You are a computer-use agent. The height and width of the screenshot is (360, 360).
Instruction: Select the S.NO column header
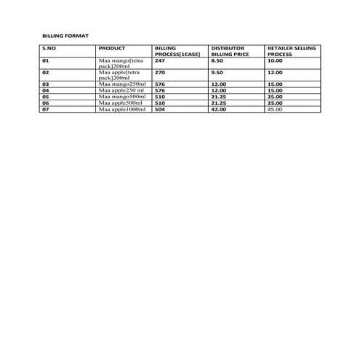(x=48, y=48)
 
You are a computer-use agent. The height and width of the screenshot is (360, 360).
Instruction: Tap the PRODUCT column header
(x=111, y=48)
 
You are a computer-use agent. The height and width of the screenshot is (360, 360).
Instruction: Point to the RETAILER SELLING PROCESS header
(x=292, y=51)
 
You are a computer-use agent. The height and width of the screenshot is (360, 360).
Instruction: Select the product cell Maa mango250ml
(x=122, y=84)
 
